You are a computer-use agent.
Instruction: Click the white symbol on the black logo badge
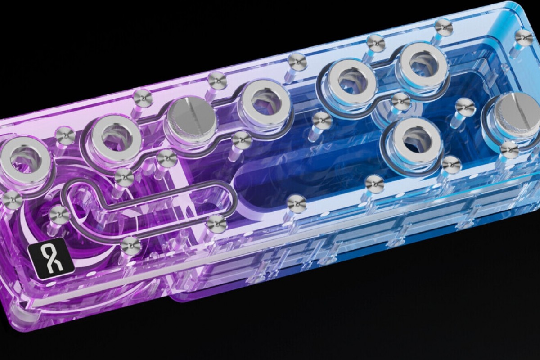click(51, 259)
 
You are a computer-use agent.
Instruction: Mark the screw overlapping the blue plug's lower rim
click(509, 149)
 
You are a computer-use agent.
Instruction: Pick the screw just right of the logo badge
click(130, 245)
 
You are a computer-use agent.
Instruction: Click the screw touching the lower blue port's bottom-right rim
click(451, 165)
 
